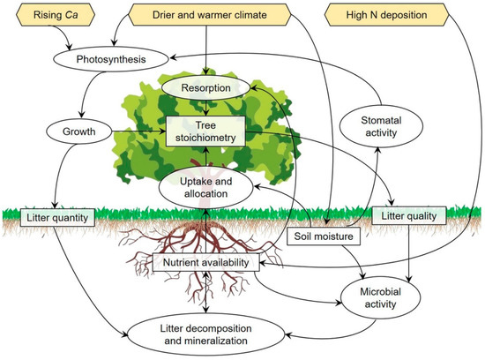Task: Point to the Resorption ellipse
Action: [204, 89]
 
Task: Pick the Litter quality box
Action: [411, 215]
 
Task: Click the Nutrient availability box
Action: [204, 262]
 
